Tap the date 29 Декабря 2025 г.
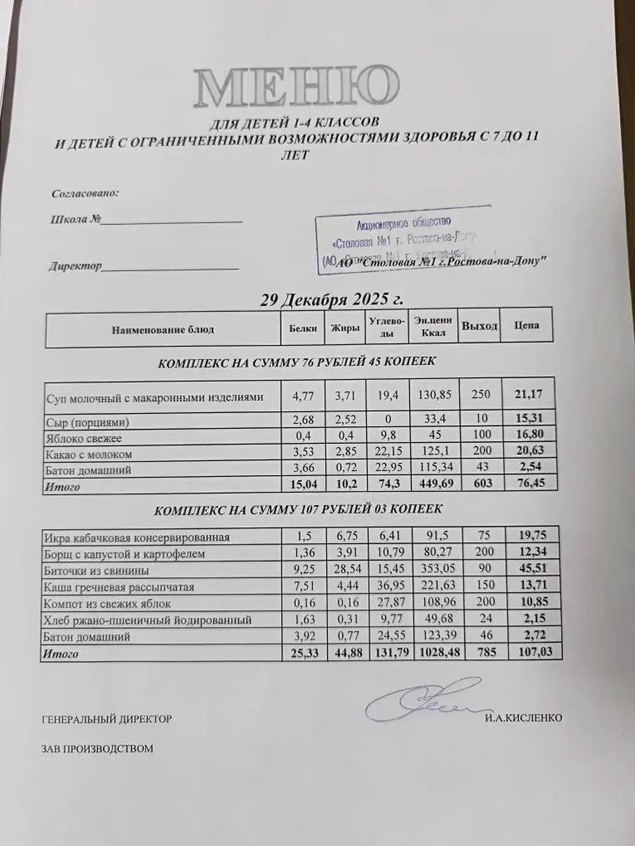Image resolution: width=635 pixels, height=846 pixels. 332,300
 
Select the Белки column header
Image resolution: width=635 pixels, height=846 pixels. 303,329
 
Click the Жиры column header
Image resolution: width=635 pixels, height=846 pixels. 345,329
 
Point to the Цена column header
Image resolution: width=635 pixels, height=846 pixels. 526,325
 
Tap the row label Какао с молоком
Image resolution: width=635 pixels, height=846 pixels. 89,454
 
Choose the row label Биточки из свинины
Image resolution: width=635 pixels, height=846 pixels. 96,571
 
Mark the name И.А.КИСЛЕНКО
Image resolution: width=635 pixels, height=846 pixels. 523,718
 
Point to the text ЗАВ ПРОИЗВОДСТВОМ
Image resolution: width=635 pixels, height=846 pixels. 97,748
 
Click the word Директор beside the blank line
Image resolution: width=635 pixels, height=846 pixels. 75,266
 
